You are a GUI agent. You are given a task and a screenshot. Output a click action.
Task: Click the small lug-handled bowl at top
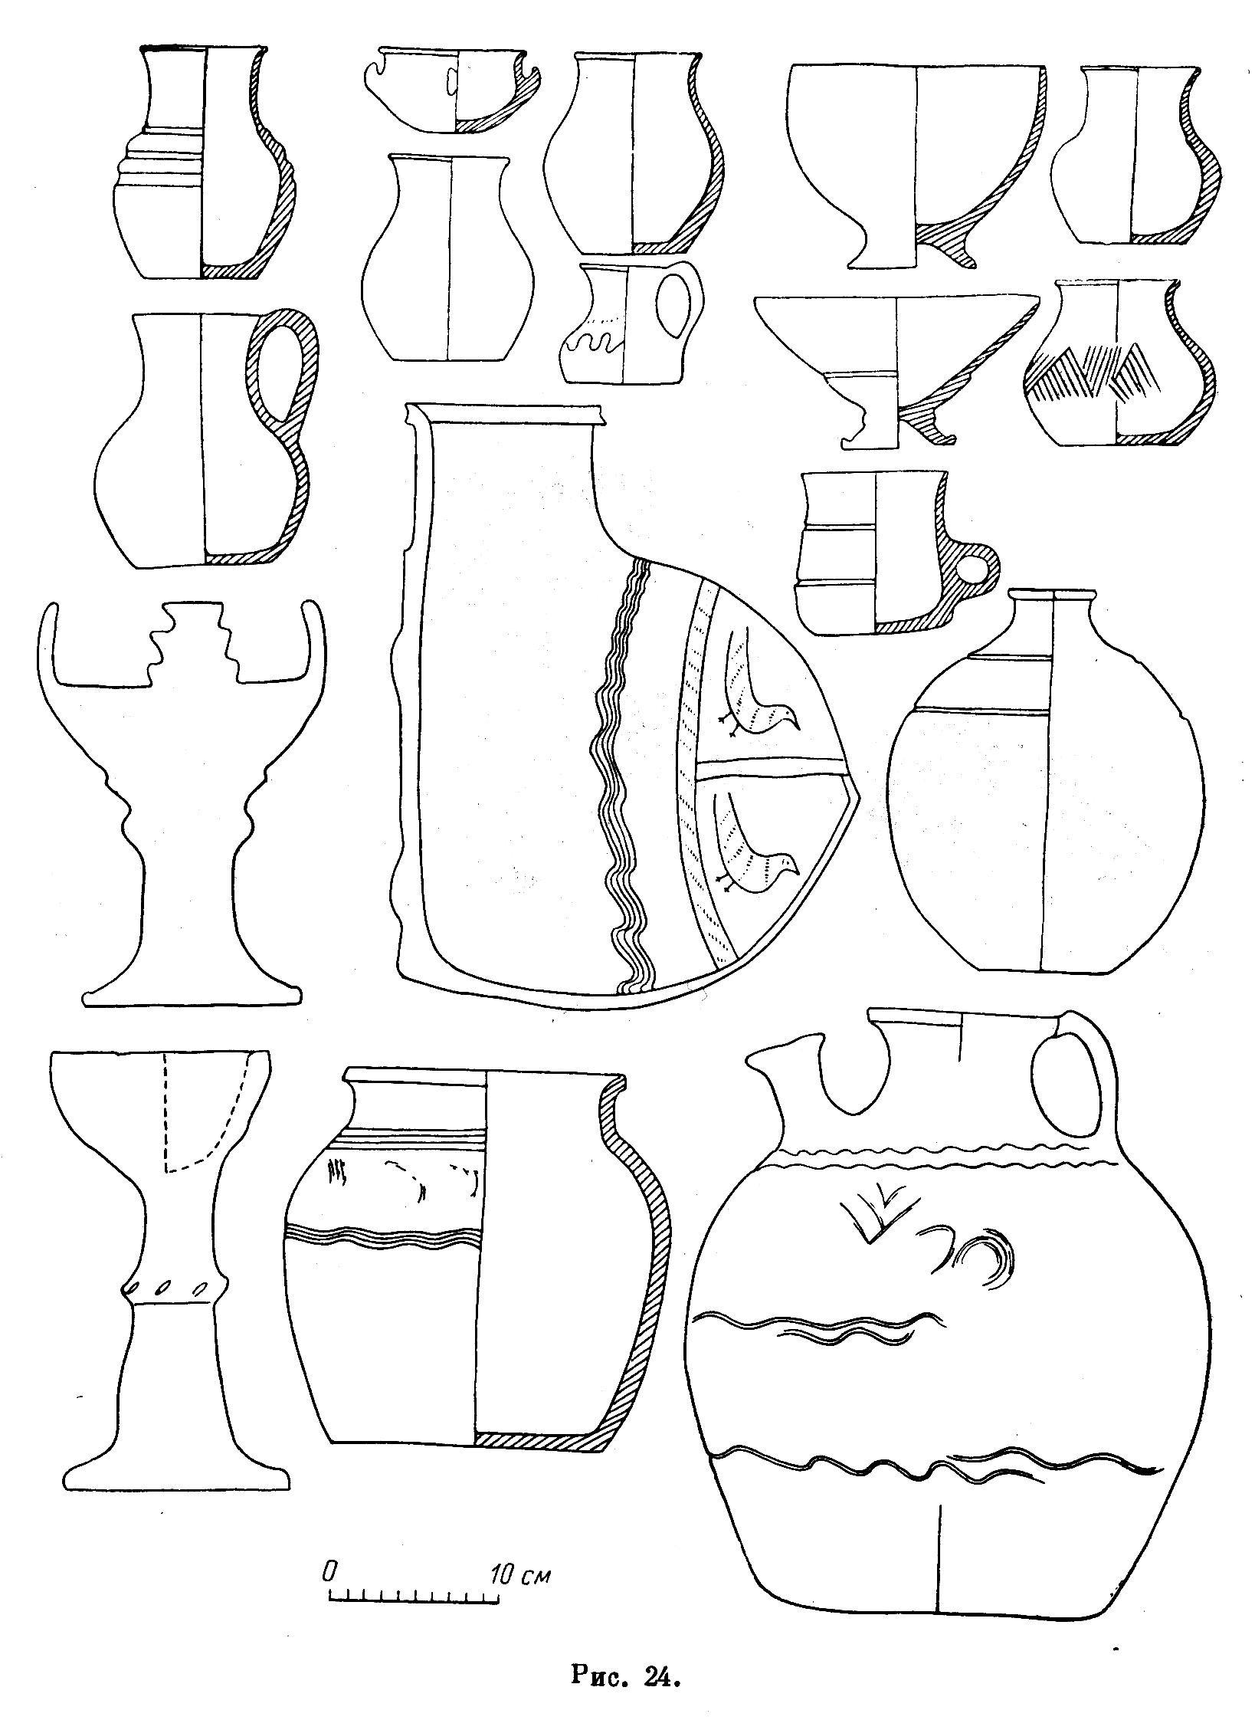tap(452, 89)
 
